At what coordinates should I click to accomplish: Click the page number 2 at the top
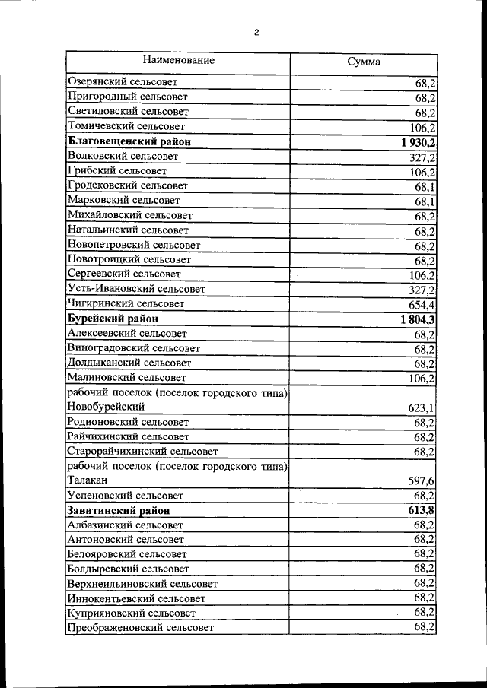coord(256,33)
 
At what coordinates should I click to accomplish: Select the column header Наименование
coord(178,60)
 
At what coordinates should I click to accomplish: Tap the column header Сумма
coord(363,62)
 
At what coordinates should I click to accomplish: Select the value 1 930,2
coord(417,142)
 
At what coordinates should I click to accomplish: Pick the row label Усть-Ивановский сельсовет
coord(136,289)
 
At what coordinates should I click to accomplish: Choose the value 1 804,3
coord(417,319)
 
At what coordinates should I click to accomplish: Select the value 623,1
coord(422,407)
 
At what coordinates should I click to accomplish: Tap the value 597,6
coord(422,481)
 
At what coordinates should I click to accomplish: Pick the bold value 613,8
coord(421,510)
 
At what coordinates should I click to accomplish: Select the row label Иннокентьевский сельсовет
coord(136,598)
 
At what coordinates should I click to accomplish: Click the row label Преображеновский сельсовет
coord(141,628)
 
